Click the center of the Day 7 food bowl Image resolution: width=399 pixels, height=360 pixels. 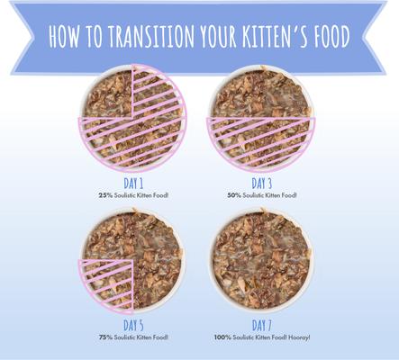tap(263, 261)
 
